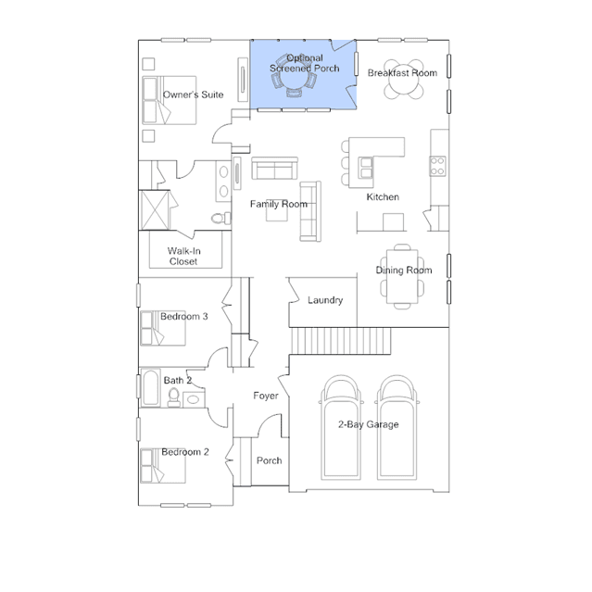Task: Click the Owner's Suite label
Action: coord(193,94)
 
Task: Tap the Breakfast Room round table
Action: coord(404,80)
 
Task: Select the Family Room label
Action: coord(279,204)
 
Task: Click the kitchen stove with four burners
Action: coord(437,166)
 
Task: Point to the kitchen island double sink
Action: coord(365,168)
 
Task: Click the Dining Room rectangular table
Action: coord(402,276)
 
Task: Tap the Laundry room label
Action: coord(325,300)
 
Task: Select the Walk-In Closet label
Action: coord(183,256)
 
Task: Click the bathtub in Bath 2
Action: coord(151,387)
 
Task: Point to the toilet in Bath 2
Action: coord(173,397)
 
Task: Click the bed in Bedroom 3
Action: coord(163,328)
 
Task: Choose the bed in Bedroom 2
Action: coord(163,465)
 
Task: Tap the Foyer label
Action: coord(266,396)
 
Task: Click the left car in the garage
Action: coord(341,428)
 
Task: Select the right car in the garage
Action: coord(397,428)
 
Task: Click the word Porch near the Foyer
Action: coord(270,460)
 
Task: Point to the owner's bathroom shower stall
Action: coord(155,210)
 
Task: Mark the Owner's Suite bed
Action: coord(170,100)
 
